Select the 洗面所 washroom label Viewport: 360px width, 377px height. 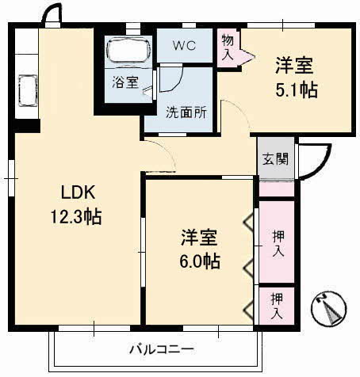186,112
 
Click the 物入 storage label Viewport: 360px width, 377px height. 228,47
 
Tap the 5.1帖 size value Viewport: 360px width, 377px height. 297,89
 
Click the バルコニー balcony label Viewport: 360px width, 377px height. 162,348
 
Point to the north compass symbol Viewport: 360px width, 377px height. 331,310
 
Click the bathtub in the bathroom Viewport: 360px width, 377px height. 127,51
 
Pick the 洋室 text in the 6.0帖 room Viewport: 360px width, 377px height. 200,236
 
